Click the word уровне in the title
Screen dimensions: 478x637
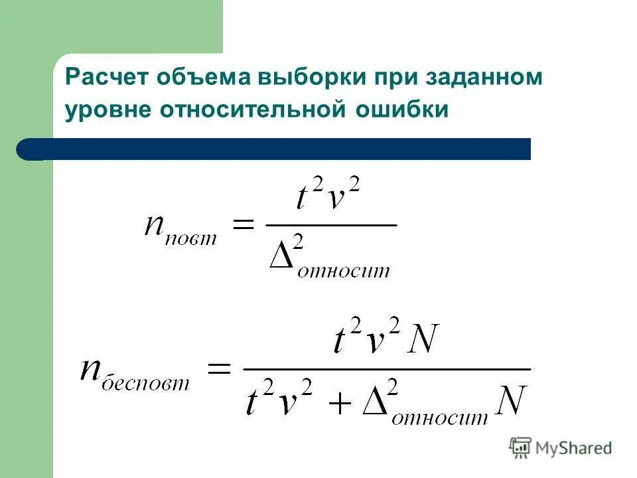(x=107, y=110)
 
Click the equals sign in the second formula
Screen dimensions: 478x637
(x=218, y=369)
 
